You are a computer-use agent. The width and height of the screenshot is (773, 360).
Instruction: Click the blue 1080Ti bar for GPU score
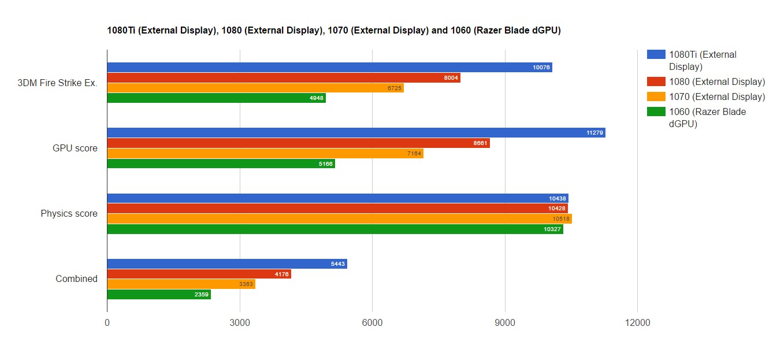[x=356, y=133]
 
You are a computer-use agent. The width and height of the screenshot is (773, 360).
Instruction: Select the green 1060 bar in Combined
[x=159, y=295]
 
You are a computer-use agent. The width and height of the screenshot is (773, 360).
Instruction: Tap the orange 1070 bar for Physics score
[x=339, y=219]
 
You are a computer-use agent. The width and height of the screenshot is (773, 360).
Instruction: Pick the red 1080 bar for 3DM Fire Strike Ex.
[x=284, y=78]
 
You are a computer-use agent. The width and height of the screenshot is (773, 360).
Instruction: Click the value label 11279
[x=594, y=133]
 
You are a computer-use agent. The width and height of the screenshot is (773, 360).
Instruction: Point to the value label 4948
[x=316, y=98]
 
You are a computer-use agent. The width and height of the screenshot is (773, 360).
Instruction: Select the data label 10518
[x=561, y=219]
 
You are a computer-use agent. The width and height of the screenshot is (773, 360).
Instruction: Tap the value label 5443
[x=338, y=264]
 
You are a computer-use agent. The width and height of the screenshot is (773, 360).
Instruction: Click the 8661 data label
[x=480, y=143]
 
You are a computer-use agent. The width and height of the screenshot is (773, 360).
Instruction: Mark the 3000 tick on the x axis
[x=240, y=323]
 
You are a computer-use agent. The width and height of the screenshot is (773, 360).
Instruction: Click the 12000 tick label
[x=637, y=323]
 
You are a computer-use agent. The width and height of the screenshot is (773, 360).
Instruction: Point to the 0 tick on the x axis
[x=107, y=323]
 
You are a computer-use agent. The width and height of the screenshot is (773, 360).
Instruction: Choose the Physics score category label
[x=69, y=214]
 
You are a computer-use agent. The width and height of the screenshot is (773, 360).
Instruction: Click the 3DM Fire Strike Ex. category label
[x=57, y=83]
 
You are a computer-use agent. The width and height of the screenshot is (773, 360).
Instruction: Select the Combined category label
[x=76, y=279]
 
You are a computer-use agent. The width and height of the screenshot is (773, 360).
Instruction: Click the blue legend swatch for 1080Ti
[x=656, y=54]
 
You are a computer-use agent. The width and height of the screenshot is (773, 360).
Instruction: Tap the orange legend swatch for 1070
[x=656, y=97]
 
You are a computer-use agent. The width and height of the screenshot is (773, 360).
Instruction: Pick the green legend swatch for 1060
[x=656, y=112]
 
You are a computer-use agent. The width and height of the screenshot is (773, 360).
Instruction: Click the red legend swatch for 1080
[x=656, y=81]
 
